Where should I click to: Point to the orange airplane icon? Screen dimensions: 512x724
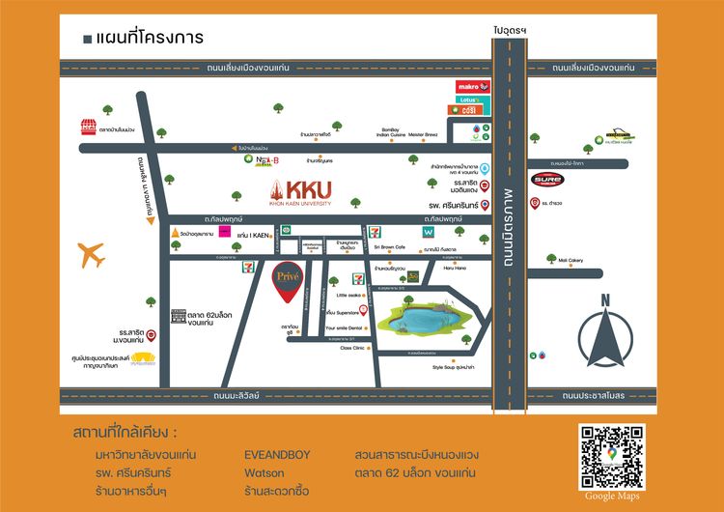(92, 255)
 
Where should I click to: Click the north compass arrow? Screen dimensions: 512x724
(605, 339)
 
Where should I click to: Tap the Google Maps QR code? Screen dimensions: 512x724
(611, 457)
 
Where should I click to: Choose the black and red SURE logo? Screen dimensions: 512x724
(544, 179)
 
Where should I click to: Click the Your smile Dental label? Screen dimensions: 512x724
(343, 328)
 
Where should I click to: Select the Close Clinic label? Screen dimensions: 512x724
(352, 348)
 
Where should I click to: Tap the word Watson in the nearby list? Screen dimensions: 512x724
(265, 472)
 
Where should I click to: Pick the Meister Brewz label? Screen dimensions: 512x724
(424, 134)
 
